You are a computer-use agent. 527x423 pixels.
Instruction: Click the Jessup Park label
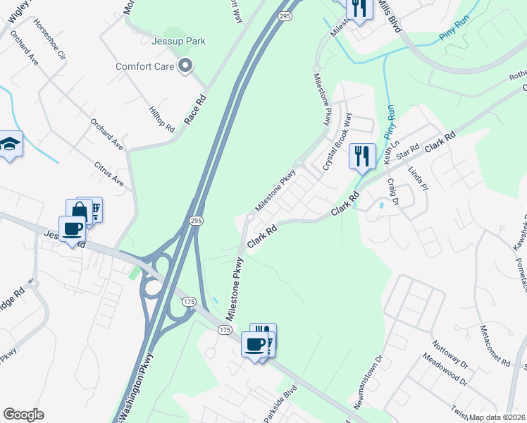tap(179, 41)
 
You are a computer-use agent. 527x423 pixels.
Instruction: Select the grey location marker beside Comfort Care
tap(186, 67)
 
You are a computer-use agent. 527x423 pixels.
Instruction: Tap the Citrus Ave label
tap(108, 174)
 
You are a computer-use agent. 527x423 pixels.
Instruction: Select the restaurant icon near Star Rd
tap(362, 156)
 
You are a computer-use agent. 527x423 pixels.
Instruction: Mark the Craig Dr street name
tap(392, 192)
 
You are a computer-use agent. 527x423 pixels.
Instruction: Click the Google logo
tap(23, 415)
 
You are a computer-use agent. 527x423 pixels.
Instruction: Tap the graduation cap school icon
tap(10, 144)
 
